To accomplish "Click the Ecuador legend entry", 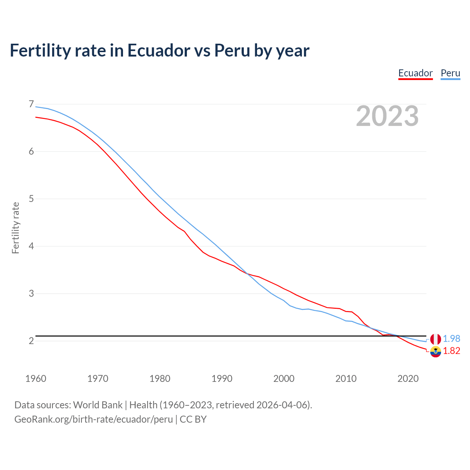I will pos(415,73).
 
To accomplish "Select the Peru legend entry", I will pos(450,73).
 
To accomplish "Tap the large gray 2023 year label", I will pos(387,116).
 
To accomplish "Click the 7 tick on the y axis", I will pos(31,104).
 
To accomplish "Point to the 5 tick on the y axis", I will pos(31,199).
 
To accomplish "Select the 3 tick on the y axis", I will pos(31,293).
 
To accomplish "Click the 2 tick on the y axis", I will pos(31,341).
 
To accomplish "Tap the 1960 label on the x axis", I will pos(36,379).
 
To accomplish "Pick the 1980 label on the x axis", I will pos(160,379).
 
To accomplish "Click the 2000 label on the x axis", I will pos(284,379).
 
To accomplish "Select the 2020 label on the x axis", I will pos(408,379).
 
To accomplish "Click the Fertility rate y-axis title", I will pos(15,228).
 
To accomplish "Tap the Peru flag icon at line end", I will pos(435,339).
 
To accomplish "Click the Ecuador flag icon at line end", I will pos(435,351).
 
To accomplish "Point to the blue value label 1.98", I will pos(451,339).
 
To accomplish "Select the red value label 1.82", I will pos(451,351).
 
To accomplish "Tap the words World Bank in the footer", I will pos(98,405).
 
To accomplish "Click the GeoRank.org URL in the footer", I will pos(93,419).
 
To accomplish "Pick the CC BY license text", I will pos(193,419).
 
